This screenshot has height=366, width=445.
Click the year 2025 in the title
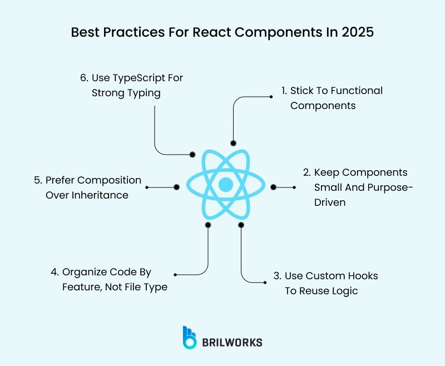tap(358, 32)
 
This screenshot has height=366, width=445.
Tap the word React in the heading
tap(212, 32)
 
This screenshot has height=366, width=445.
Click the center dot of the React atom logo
tap(226, 185)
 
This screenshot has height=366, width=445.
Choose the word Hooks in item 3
tap(364, 276)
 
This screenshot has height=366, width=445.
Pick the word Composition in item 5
tap(109, 181)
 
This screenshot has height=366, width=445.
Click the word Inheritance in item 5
tap(100, 195)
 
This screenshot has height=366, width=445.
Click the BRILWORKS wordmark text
tap(232, 343)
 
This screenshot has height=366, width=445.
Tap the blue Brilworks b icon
tap(190, 337)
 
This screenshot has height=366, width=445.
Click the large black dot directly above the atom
tap(233, 144)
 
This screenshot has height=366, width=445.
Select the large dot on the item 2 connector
tap(273, 187)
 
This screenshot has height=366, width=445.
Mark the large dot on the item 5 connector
tap(176, 187)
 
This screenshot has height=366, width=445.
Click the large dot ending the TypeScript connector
tap(192, 155)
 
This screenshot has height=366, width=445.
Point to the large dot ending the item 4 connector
tap(208, 225)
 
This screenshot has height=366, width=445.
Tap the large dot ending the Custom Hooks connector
tap(241, 225)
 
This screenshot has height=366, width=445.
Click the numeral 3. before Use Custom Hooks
tap(277, 276)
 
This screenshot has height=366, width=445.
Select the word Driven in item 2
tap(330, 202)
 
